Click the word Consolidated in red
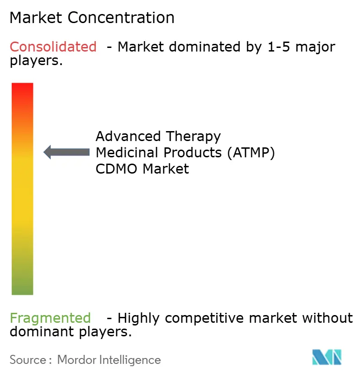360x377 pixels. click(x=53, y=47)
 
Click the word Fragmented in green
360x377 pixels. click(x=50, y=318)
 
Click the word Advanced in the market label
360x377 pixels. click(x=128, y=136)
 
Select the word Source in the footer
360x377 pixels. click(x=28, y=360)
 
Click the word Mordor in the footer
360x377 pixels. click(x=75, y=360)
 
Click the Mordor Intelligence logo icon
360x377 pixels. click(x=327, y=358)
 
